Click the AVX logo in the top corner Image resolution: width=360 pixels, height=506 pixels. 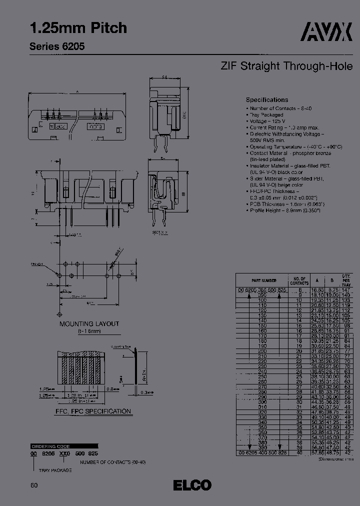328,33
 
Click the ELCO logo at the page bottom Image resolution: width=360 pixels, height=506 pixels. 192,485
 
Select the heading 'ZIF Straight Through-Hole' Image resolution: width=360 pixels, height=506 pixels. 286,66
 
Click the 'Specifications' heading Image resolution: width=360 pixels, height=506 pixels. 267,100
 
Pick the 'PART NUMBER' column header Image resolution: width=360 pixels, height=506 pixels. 264,280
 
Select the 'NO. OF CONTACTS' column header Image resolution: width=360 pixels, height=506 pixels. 299,280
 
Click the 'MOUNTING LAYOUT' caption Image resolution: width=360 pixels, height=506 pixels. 89,324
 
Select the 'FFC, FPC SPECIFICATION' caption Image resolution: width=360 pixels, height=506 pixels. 93,411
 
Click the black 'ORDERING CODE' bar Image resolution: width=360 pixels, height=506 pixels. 50,446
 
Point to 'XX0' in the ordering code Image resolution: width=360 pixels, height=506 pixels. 65,452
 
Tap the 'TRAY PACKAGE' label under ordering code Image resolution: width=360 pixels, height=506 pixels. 55,470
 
